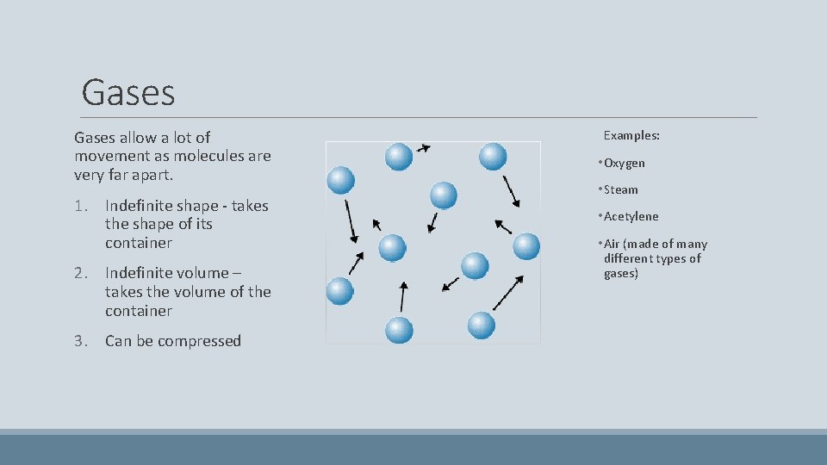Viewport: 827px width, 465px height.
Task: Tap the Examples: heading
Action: (631, 135)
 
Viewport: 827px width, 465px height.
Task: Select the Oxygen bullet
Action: (625, 163)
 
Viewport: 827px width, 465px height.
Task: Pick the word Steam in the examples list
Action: (621, 189)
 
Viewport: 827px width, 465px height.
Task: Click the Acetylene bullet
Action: (631, 216)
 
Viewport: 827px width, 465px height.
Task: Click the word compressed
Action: (201, 341)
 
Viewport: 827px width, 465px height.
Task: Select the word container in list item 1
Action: (139, 243)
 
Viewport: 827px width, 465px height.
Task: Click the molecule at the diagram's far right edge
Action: (526, 247)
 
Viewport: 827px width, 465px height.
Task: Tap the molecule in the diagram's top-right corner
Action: (492, 156)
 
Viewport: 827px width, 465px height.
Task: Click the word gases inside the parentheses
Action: (620, 273)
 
